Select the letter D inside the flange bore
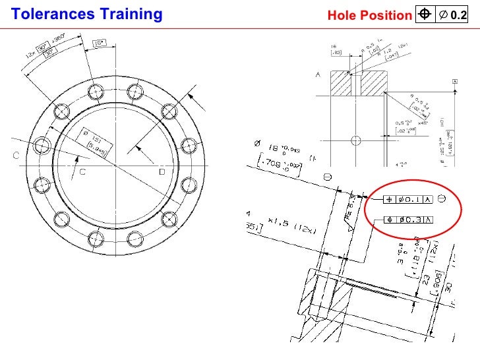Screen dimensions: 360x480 coord(162,172)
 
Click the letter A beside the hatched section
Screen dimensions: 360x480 coord(318,75)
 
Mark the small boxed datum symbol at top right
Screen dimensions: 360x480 coord(455,81)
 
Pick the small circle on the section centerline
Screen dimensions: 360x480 coord(355,140)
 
